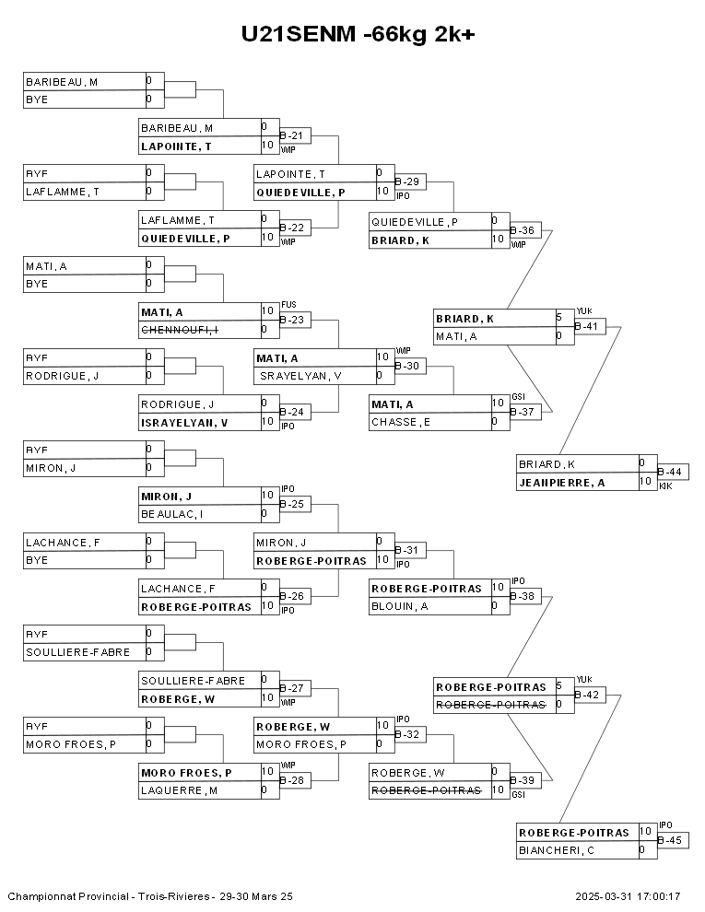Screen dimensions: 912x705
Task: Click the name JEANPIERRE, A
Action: point(561,482)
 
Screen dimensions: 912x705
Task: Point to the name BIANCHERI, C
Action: point(555,850)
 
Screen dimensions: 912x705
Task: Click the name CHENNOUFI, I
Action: point(179,330)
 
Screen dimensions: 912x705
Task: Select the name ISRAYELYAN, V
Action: point(184,423)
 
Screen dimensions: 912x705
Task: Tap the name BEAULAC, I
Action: point(172,514)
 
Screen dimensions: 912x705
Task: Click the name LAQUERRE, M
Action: point(179,790)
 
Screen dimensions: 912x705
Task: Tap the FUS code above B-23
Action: point(288,304)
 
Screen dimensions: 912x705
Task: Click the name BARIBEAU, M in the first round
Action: point(62,82)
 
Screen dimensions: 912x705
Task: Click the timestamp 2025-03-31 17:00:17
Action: point(628,896)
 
